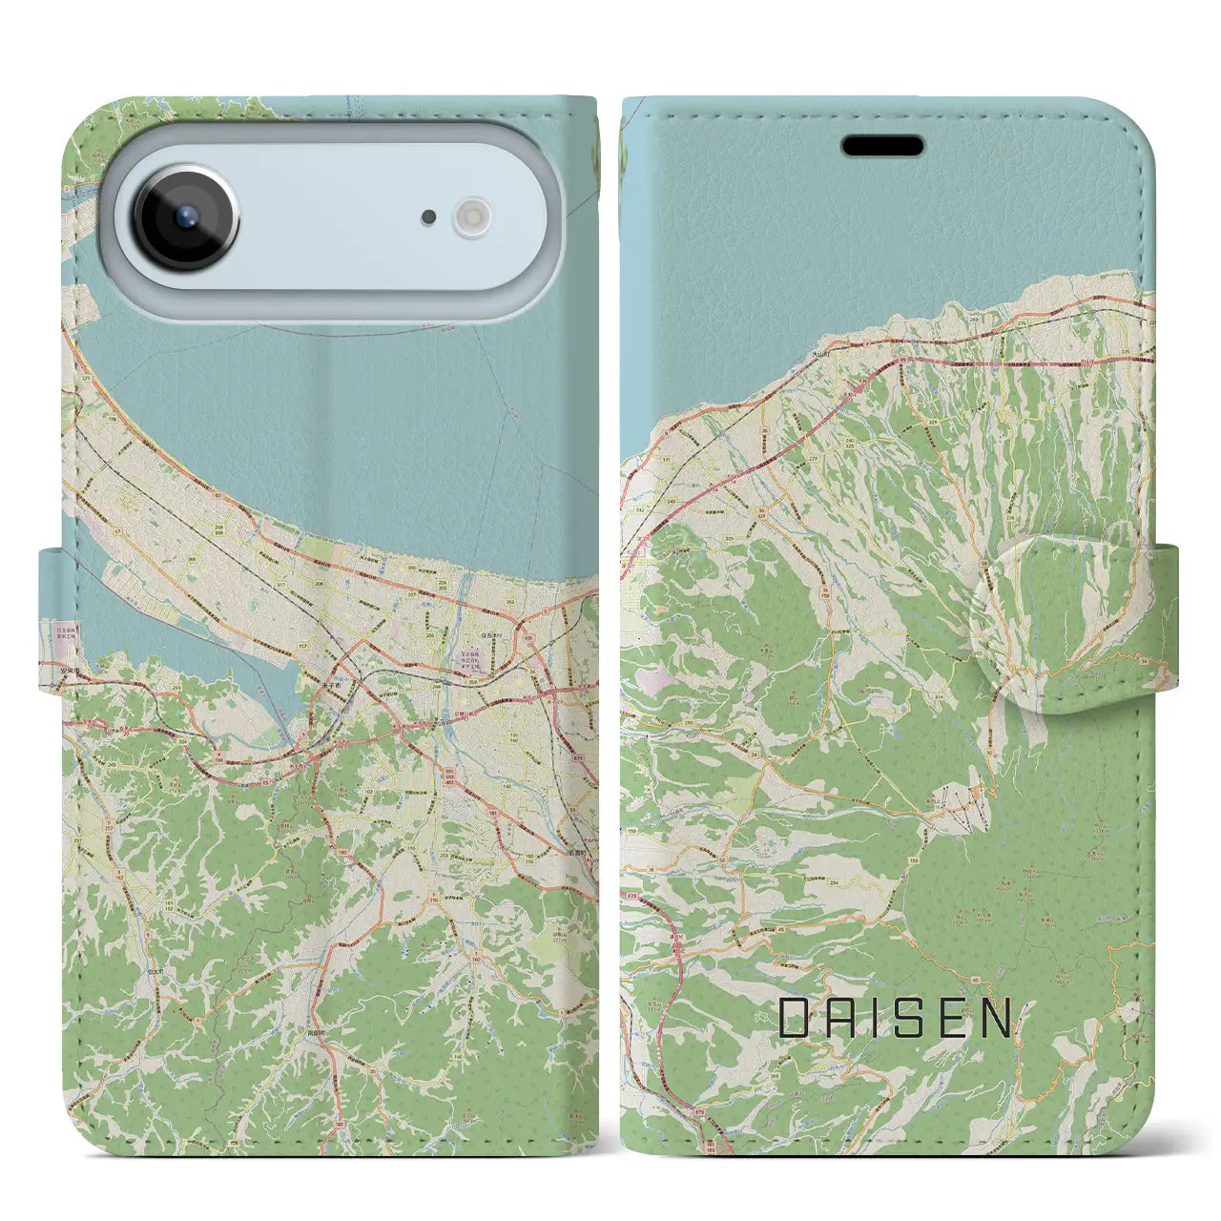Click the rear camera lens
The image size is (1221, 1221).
[186, 216]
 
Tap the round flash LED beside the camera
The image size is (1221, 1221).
[470, 217]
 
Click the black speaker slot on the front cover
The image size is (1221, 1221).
[881, 146]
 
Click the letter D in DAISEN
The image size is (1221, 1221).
[795, 1019]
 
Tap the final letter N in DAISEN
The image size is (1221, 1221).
[997, 1019]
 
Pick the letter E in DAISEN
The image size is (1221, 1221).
[950, 1019]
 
